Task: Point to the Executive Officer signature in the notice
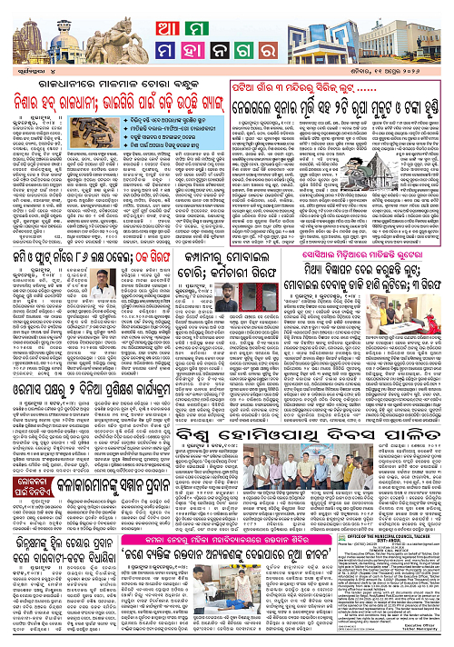[x=426, y=636]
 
